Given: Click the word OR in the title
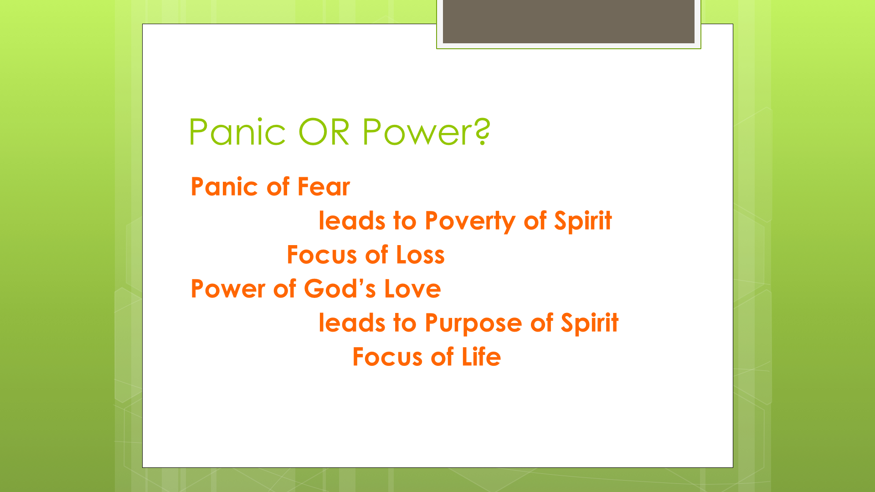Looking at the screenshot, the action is click(x=324, y=132).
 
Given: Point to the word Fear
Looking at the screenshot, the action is click(x=324, y=187).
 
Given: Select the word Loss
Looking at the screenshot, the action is click(x=420, y=255).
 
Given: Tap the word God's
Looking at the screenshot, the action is click(x=340, y=289).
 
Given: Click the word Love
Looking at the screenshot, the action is click(x=412, y=289).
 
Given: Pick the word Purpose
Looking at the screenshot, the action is click(x=474, y=323).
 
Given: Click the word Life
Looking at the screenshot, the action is click(x=481, y=357).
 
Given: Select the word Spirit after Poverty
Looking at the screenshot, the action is click(x=583, y=221).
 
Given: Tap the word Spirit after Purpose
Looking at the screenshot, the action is click(x=590, y=323).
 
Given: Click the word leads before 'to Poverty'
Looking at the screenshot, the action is click(x=352, y=220).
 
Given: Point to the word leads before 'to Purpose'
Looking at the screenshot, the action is click(x=352, y=323).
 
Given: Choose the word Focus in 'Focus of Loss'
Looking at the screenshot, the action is click(x=322, y=255).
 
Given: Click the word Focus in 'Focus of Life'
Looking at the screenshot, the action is click(x=387, y=357).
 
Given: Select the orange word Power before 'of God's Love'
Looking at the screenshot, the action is click(x=228, y=289).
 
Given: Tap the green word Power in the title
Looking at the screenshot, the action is click(x=414, y=132).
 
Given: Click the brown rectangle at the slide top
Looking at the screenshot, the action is click(x=569, y=21).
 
